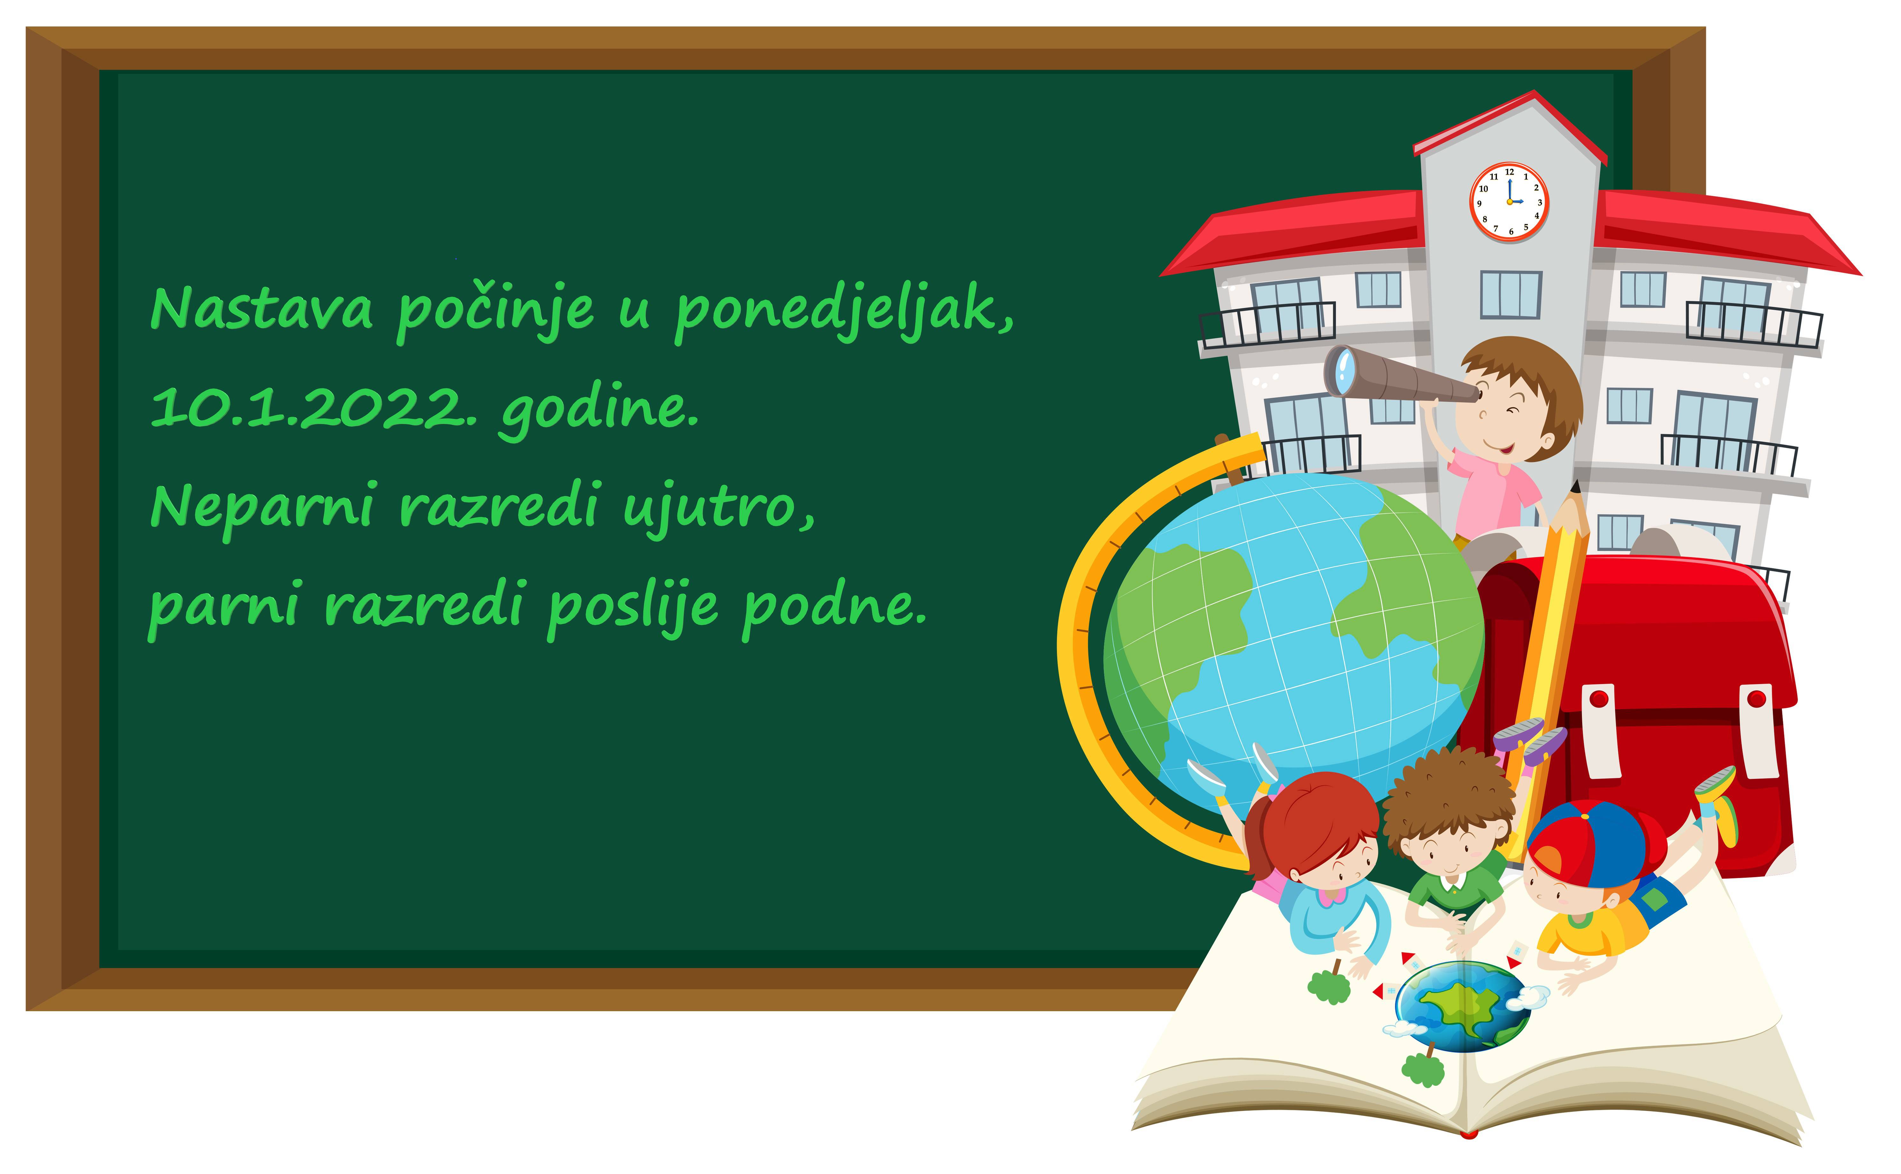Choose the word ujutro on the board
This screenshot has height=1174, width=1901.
(x=719, y=508)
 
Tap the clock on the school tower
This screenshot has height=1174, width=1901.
(x=1509, y=202)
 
